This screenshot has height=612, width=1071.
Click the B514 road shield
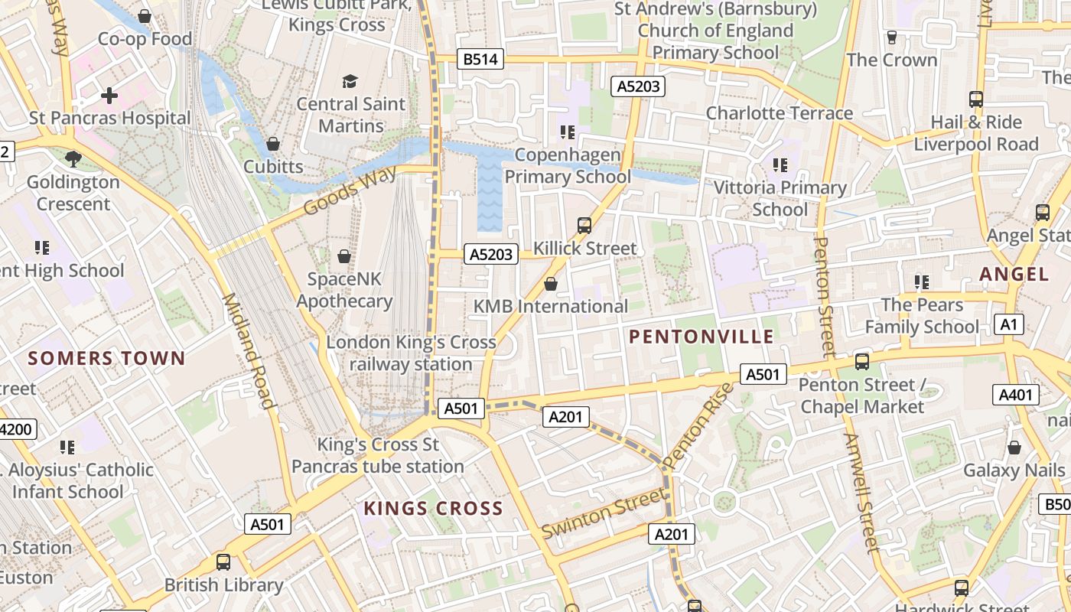tap(482, 59)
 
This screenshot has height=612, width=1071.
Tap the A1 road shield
tap(1009, 324)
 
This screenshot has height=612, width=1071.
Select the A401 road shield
tap(1016, 395)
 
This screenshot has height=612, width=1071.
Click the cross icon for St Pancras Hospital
tap(109, 96)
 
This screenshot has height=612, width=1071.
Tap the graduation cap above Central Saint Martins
tap(350, 81)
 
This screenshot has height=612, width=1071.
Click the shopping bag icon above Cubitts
tap(272, 144)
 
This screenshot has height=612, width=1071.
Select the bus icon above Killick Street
tap(584, 225)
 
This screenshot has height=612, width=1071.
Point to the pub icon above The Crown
tap(891, 37)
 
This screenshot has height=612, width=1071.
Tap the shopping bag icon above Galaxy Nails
tap(1014, 448)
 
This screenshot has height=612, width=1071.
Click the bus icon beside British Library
tap(223, 562)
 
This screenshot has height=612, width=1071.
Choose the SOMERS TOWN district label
tap(107, 358)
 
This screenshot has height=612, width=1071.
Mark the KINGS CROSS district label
tap(433, 508)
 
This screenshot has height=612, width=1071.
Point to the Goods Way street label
tap(350, 190)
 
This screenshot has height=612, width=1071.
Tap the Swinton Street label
tap(604, 513)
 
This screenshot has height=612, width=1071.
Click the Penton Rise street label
tap(698, 426)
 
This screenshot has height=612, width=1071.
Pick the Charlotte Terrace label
tap(779, 113)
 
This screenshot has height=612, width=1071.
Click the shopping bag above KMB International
tap(550, 284)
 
